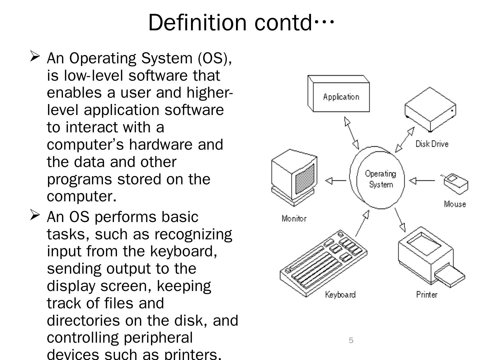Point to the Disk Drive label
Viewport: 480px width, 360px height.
pos(432,144)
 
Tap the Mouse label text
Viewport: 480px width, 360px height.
pos(455,204)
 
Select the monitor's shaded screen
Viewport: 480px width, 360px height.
pos(305,179)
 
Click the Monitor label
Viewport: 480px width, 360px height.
pos(294,219)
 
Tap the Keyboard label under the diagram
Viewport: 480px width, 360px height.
pos(340,295)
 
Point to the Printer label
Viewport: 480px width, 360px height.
pos(426,295)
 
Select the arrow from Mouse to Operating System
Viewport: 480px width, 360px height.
pos(422,181)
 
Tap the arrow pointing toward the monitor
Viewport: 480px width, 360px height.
pos(335,181)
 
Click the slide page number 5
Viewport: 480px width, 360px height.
pos(351,340)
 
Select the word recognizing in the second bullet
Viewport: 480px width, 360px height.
pos(193,234)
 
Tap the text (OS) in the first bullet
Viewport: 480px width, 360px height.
pos(213,58)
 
